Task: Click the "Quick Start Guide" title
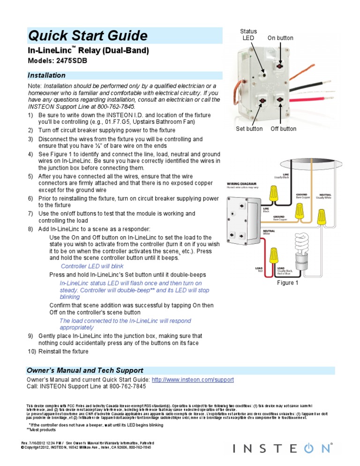pyautogui.click(x=88, y=36)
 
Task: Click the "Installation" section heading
pyautogui.click(x=46, y=75)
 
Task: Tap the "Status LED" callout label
pyautogui.click(x=249, y=34)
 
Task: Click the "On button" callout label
pyautogui.click(x=280, y=38)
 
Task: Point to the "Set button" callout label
pyautogui.click(x=249, y=129)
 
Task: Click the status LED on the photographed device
pyautogui.click(x=263, y=74)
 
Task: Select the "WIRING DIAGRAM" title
pyautogui.click(x=243, y=183)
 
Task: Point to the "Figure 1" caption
pyautogui.click(x=287, y=283)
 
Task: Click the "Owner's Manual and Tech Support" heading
pyautogui.click(x=85, y=370)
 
